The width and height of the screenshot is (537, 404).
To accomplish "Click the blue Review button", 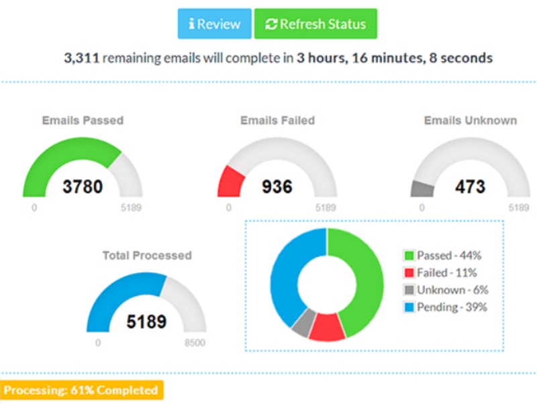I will (215, 24).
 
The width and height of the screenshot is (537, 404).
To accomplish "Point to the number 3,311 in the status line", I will (81, 58).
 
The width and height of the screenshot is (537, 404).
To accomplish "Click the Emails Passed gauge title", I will (83, 121).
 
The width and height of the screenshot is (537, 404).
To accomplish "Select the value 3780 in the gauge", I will (83, 186).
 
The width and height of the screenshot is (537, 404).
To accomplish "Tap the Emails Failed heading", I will (277, 121).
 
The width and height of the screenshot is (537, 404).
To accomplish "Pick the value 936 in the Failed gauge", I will (277, 186).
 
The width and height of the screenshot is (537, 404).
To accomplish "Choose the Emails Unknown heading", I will (470, 121).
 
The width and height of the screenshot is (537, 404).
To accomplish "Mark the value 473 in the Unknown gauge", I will (470, 186).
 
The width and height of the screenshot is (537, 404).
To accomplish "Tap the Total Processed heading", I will (146, 256).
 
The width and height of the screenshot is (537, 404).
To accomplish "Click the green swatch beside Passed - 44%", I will (408, 256).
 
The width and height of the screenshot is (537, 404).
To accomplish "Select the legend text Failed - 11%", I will (446, 272).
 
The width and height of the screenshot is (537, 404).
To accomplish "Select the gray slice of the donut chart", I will (301, 323).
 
